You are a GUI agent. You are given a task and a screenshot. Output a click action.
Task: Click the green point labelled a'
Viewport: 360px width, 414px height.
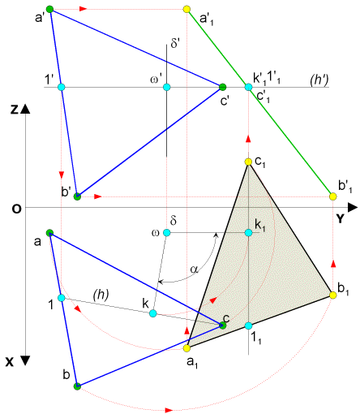[x=49, y=10]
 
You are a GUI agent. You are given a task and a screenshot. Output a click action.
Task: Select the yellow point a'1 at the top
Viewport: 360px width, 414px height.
[x=186, y=10]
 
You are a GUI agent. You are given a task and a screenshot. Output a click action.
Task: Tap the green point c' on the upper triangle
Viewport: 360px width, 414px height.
[x=222, y=87]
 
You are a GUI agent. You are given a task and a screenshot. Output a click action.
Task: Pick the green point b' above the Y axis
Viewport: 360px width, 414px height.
[x=77, y=196]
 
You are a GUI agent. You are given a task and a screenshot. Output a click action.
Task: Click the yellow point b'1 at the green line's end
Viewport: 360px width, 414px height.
[x=333, y=196]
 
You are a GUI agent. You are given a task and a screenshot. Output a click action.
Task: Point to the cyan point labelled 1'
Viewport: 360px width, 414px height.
[x=62, y=87]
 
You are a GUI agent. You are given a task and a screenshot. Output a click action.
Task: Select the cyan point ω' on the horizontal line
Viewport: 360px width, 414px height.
[x=167, y=87]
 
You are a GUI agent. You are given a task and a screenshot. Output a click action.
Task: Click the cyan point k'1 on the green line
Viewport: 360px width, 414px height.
[x=248, y=87]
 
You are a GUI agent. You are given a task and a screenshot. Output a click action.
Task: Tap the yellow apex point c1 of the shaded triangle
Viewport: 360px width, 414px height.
[x=248, y=162]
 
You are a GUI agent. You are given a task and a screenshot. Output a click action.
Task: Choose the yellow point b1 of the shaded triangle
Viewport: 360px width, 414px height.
[x=333, y=295]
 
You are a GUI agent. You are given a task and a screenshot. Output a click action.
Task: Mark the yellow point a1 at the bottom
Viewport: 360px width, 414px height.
[x=186, y=348]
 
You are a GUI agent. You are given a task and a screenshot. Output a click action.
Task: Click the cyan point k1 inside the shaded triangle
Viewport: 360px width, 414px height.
[x=248, y=233]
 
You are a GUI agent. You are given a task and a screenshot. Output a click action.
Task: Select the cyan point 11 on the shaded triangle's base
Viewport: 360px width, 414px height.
[x=248, y=326]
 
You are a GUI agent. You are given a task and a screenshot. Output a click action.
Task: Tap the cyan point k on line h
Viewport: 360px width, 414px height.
[x=153, y=313]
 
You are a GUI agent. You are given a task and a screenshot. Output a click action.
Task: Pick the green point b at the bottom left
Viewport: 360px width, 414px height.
[x=77, y=386]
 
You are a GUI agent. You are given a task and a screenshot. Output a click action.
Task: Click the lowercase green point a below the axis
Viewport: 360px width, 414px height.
[x=49, y=233]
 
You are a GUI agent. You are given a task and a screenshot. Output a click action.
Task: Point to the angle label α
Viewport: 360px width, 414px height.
[x=194, y=270]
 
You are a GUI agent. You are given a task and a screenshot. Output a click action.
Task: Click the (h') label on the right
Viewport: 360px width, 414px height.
[x=319, y=80]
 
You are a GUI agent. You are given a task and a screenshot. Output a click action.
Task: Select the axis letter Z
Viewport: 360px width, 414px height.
[x=15, y=110]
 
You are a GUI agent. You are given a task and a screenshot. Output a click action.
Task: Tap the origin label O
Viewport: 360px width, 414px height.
[x=16, y=209]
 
